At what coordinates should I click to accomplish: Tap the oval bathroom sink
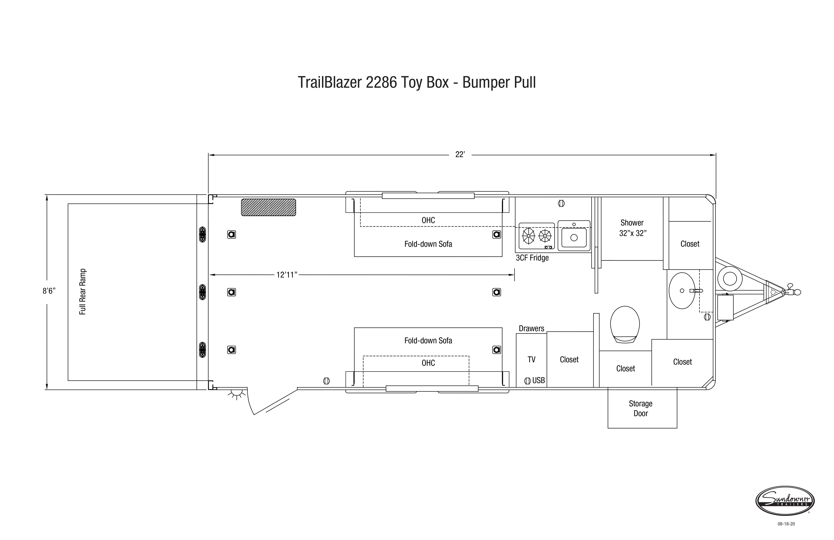[x=682, y=291]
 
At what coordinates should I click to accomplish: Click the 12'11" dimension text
[x=287, y=275]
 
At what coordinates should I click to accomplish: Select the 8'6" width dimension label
[x=49, y=291]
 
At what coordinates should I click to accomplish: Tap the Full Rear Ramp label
[x=83, y=292]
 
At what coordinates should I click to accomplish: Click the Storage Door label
[x=641, y=408]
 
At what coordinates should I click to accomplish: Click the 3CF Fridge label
[x=532, y=258]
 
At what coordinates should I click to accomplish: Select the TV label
[x=532, y=359]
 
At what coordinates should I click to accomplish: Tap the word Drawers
[x=532, y=329]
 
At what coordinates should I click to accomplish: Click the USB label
[x=539, y=380]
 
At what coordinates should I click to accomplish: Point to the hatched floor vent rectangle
[x=268, y=207]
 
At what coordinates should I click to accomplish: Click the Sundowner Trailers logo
[x=785, y=501]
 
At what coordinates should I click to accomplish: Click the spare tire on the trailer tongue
[x=730, y=279]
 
